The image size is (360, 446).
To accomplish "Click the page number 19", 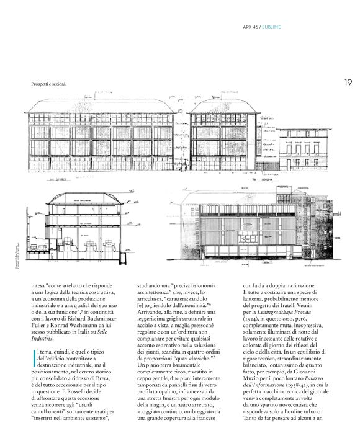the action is (x=348, y=82).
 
